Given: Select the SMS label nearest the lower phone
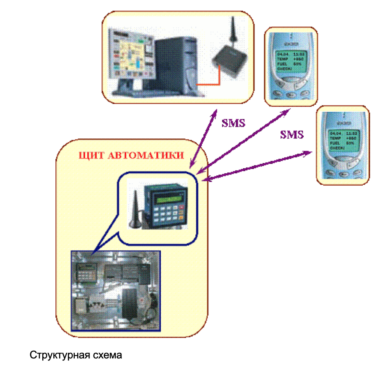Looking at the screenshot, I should click(292, 134).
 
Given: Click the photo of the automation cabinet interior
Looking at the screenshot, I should click(115, 290).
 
